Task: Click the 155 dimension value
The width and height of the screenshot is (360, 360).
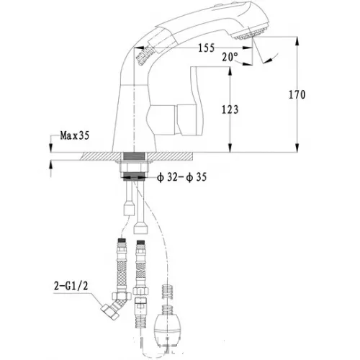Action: [206, 48]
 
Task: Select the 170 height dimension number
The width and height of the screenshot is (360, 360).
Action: [297, 95]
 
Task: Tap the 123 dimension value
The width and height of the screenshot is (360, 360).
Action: [230, 109]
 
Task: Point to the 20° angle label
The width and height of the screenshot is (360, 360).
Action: [230, 57]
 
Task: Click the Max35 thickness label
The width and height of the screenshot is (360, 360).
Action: [75, 135]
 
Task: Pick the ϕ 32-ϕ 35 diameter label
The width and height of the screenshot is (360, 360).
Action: [181, 177]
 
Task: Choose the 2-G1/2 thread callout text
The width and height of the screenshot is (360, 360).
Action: [71, 286]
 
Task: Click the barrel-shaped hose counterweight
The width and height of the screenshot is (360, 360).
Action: [168, 325]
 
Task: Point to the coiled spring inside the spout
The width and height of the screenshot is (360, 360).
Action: [145, 55]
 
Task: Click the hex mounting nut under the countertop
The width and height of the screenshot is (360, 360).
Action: [134, 167]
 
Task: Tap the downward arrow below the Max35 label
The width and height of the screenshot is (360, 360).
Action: [51, 147]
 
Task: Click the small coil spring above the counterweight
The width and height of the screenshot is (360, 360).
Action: [168, 292]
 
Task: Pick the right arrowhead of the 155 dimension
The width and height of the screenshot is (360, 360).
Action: [248, 48]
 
